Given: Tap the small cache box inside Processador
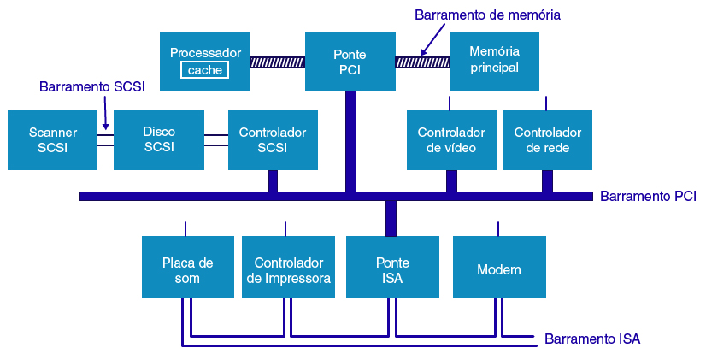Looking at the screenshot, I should pyautogui.click(x=205, y=70).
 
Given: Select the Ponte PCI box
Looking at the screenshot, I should pyautogui.click(x=350, y=62).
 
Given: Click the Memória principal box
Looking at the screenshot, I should pyautogui.click(x=495, y=62).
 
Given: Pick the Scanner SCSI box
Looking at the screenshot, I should pyautogui.click(x=52, y=139).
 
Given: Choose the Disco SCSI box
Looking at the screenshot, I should pyautogui.click(x=159, y=139).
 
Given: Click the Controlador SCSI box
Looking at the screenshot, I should pyautogui.click(x=273, y=139).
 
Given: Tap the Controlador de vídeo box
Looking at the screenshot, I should pyautogui.click(x=451, y=139).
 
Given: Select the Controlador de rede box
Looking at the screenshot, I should pyautogui.click(x=548, y=139).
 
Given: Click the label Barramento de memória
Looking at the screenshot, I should pyautogui.click(x=487, y=15).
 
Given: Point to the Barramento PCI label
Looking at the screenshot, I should pyautogui.click(x=648, y=197).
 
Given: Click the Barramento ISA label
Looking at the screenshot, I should pyautogui.click(x=592, y=339).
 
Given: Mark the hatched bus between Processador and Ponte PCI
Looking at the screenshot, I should pyautogui.click(x=278, y=62).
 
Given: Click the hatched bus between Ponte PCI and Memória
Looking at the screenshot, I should pyautogui.click(x=422, y=62).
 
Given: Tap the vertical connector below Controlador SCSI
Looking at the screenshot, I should pyautogui.click(x=273, y=180).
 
